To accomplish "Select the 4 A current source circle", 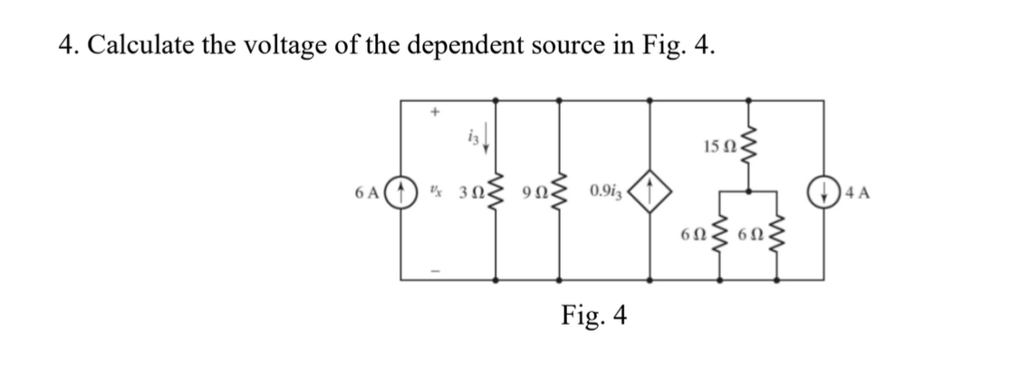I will [823, 193].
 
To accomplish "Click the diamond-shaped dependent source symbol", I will [650, 193].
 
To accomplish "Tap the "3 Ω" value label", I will [469, 194].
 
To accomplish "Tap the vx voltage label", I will [437, 193].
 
